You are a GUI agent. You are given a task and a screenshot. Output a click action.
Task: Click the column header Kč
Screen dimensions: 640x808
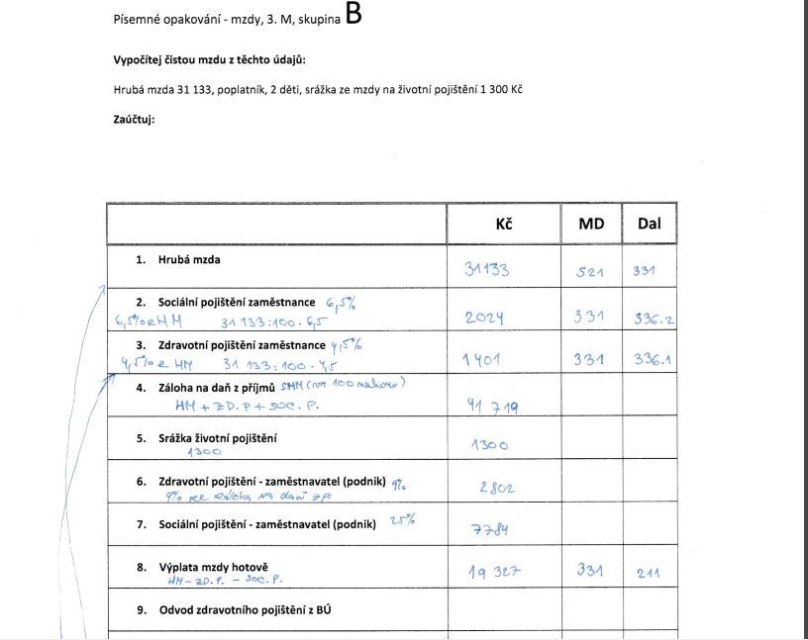pos(504,225)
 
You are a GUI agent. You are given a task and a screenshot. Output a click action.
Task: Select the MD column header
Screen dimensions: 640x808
pos(591,225)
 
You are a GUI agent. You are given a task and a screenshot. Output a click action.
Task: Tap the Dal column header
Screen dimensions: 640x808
pos(649,225)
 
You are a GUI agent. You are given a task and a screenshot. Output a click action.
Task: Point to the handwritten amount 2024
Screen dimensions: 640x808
pos(485,318)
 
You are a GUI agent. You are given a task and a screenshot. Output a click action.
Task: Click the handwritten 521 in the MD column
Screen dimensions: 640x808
pos(589,270)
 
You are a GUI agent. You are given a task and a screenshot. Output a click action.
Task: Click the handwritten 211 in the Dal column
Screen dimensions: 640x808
pos(650,572)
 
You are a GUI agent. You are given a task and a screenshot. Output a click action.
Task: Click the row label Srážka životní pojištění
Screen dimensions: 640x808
pos(218,437)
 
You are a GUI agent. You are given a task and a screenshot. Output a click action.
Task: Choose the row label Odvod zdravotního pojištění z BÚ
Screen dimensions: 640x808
pos(245,609)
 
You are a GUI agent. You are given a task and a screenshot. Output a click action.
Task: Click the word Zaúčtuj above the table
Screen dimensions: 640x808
pos(135,121)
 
